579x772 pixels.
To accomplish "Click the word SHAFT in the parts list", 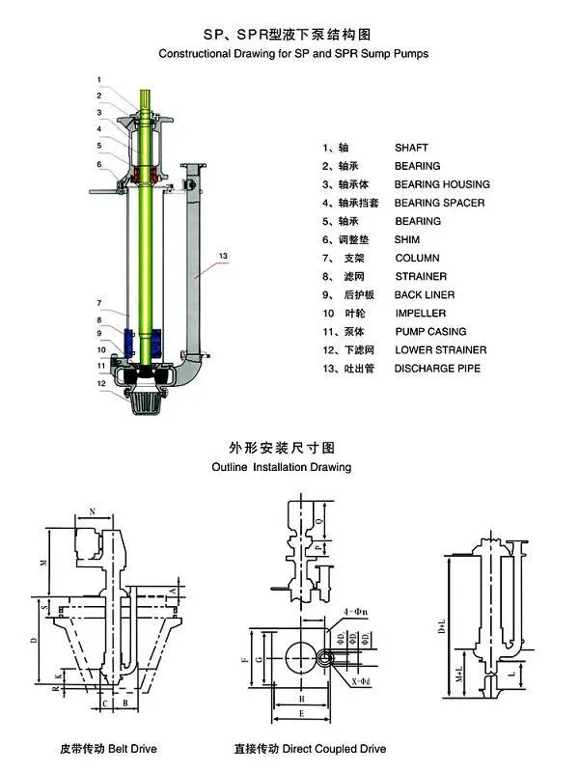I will pos(411,148).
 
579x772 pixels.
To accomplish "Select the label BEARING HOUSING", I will pos(442,184).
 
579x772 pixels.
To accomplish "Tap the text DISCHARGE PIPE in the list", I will pos(437,368).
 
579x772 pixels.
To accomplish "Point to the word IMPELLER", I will pos(421,313).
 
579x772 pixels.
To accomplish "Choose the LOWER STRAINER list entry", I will pos(441,349).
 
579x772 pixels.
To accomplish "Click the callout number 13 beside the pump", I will pos(223,255).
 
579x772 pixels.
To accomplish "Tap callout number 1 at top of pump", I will pos(98,78).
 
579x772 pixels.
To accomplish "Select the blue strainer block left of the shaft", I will pos(134,342).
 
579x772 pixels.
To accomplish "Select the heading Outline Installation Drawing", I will pos(281,466).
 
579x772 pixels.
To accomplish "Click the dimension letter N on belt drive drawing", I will pos(93,510).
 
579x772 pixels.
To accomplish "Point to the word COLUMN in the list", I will pos(417,258).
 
